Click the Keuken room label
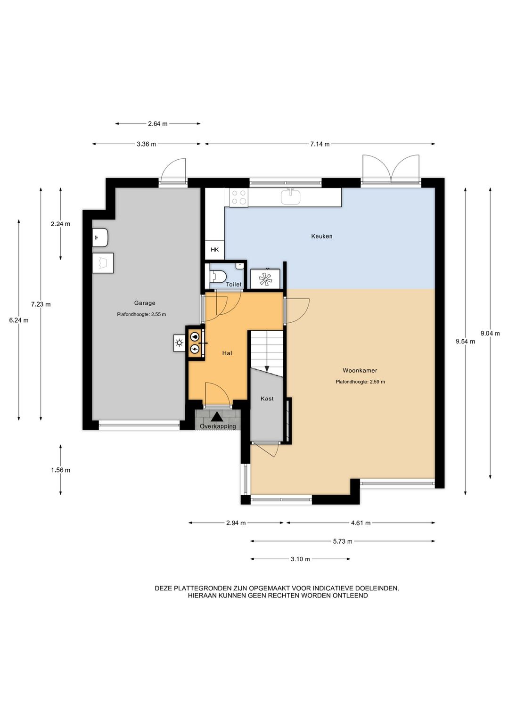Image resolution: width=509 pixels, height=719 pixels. (x=321, y=236)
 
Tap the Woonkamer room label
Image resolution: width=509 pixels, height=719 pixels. (x=360, y=370)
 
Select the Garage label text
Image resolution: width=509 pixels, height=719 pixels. (x=144, y=303)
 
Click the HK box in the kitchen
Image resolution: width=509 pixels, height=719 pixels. (x=214, y=250)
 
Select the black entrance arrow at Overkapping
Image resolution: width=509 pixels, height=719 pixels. (x=217, y=417)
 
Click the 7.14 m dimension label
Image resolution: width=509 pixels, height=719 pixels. (x=320, y=144)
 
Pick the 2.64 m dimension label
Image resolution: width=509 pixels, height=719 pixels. (x=157, y=124)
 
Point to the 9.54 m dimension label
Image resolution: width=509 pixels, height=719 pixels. (x=465, y=342)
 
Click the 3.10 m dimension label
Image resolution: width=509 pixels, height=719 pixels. (x=300, y=559)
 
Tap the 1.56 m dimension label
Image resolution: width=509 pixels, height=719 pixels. (x=61, y=470)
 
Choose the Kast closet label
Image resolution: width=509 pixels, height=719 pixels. (x=267, y=399)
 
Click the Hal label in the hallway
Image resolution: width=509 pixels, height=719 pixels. (x=227, y=353)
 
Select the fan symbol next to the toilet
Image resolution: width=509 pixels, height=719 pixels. (x=265, y=279)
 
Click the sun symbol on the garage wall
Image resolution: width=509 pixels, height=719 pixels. (x=179, y=343)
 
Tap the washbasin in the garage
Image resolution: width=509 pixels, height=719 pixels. (x=101, y=237)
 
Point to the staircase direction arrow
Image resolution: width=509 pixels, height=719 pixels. (x=266, y=368)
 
